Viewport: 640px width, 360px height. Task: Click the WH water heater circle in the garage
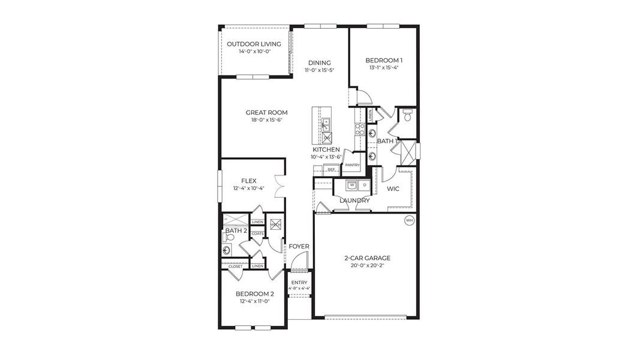tap(410, 220)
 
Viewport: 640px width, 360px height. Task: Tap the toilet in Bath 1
tap(407, 116)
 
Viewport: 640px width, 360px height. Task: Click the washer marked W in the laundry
tap(352, 185)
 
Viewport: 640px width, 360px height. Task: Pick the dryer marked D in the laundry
tap(364, 185)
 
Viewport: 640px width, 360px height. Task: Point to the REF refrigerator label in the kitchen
tap(331, 170)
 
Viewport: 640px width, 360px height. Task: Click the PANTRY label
tap(352, 164)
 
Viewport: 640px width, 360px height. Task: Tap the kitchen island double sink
tap(326, 125)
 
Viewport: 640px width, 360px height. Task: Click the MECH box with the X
tap(276, 225)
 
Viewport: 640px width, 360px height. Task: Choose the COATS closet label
tap(257, 233)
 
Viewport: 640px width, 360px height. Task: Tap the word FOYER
tap(299, 247)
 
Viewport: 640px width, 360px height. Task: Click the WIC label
tap(393, 188)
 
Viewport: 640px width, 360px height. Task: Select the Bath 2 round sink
tap(227, 251)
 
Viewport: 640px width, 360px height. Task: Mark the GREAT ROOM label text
tap(266, 112)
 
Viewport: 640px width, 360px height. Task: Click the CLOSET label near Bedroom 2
tap(235, 266)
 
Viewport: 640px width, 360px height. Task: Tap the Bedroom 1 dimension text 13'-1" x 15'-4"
tap(384, 68)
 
